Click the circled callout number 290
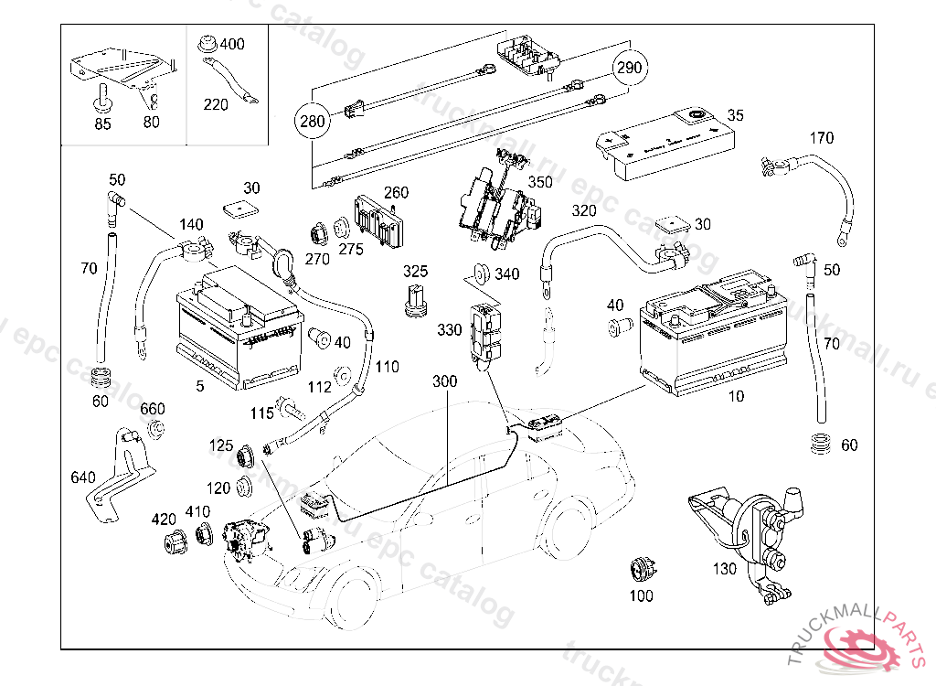click(x=630, y=68)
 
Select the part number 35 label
click(x=736, y=116)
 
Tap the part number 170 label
click(x=822, y=138)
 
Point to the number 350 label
click(x=540, y=182)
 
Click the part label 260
click(x=396, y=193)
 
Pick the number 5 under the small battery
click(x=200, y=386)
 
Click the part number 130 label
click(x=724, y=568)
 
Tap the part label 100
click(x=642, y=595)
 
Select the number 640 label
click(x=82, y=477)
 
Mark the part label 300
click(x=444, y=381)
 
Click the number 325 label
click(x=416, y=272)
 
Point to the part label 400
click(x=232, y=44)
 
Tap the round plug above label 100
click(x=641, y=568)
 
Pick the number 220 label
click(x=216, y=104)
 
